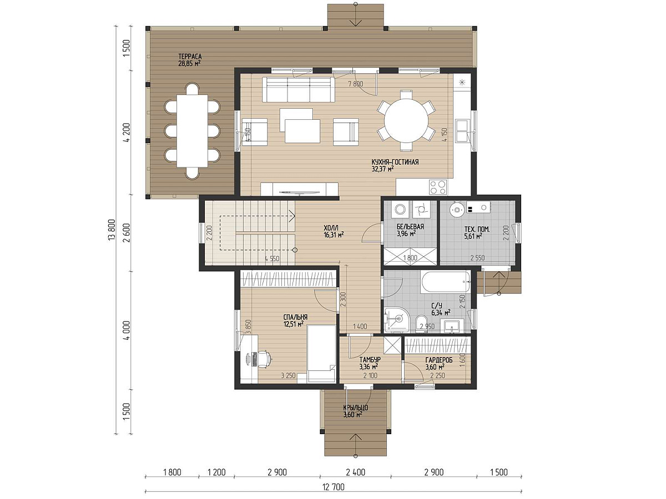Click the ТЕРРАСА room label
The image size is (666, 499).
(190, 57)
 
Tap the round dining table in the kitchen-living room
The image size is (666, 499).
(406, 120)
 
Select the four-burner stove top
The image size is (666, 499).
(438, 187)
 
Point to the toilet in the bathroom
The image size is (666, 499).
(421, 324)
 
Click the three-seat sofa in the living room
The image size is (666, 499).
(299, 90)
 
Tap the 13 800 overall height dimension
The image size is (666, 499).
(112, 230)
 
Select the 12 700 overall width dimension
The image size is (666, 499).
(334, 487)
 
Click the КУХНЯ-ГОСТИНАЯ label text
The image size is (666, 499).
(395, 162)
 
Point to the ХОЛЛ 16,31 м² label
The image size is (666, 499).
(334, 231)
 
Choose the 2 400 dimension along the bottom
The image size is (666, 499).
(355, 472)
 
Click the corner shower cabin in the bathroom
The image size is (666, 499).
(396, 320)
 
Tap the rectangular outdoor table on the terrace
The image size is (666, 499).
(193, 131)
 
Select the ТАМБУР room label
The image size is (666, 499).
(370, 360)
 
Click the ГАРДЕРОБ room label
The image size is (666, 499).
(439, 360)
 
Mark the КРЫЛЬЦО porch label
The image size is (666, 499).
(356, 408)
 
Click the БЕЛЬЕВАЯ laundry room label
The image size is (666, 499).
(410, 227)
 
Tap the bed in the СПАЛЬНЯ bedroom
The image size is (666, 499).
(321, 354)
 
